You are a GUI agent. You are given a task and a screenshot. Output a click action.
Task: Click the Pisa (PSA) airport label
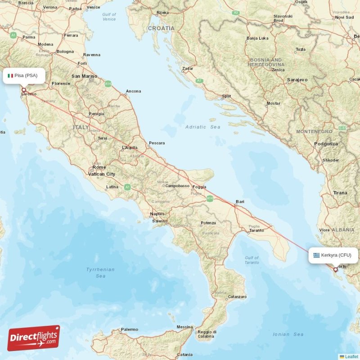pos(26,76)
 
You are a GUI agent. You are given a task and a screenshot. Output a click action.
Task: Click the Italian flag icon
pos(10,76)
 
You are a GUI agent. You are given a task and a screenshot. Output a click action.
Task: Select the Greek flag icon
pos(317,255)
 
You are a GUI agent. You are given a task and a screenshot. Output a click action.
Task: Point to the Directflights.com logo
pos(34,338)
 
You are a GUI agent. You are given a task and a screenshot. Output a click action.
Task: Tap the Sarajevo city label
pos(297,80)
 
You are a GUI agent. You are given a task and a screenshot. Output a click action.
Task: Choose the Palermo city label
pos(130,329)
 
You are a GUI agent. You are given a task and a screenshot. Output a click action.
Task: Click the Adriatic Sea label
pos(203,127)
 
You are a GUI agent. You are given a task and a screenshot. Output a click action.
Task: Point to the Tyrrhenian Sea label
pos(100,272)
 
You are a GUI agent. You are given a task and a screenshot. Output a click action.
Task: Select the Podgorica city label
pos(326,144)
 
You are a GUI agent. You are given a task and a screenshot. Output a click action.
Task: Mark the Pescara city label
pos(157,143)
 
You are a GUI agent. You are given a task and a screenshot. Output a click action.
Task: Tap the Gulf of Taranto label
pos(252,260)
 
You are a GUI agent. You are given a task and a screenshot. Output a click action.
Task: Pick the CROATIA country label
pos(161,28)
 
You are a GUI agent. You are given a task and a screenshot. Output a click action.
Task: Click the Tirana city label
pos(340,193)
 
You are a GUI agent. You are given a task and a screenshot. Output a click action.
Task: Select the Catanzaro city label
pos(237,297)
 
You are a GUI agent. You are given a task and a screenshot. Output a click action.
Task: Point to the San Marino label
pos(84,76)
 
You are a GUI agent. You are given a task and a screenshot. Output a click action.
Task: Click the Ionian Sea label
pos(288,334)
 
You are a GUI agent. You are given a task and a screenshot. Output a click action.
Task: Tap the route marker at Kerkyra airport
pos(335,270)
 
